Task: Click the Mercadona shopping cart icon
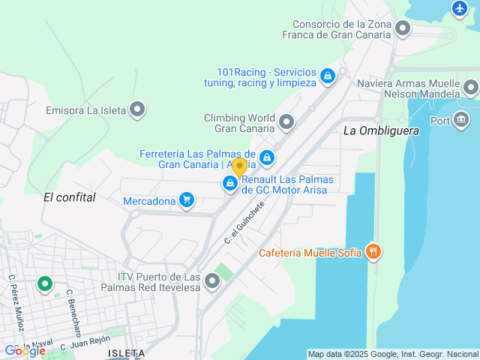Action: click(187, 200)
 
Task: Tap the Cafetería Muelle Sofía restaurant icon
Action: click(373, 252)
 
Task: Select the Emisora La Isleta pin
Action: click(137, 110)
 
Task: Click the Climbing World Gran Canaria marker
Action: click(286, 121)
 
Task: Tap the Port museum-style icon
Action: click(460, 120)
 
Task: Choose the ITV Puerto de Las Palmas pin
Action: click(212, 281)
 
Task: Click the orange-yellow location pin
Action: click(239, 167)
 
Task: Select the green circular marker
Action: click(45, 284)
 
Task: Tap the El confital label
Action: click(70, 197)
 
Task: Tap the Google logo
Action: click(25, 350)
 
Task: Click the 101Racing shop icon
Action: click(327, 76)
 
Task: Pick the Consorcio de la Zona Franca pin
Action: click(403, 29)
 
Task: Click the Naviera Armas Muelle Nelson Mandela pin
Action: click(470, 88)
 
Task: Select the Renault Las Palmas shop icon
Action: click(230, 183)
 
